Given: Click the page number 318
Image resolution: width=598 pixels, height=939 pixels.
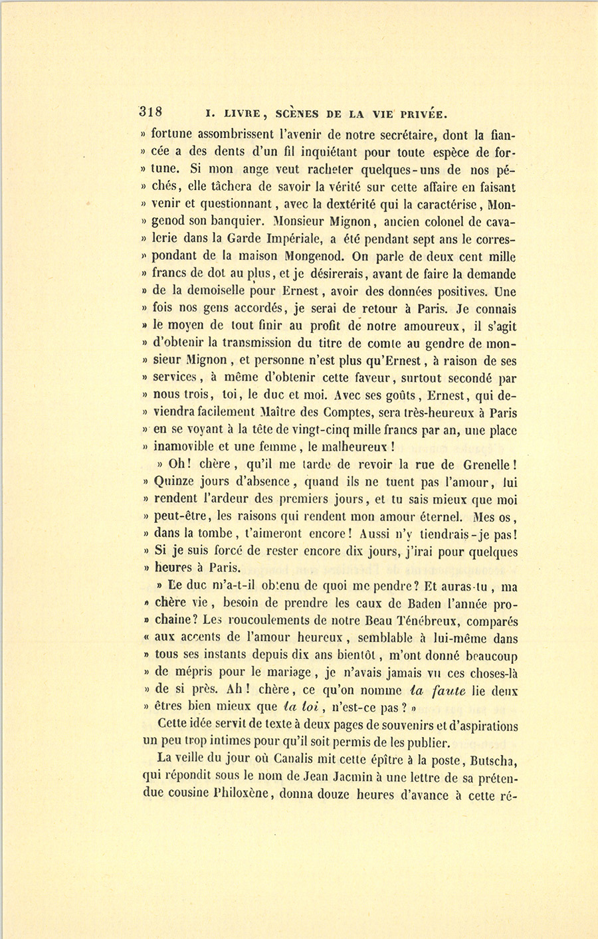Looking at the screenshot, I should click(151, 111).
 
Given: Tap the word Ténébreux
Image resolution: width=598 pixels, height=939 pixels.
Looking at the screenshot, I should click(426, 621).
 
